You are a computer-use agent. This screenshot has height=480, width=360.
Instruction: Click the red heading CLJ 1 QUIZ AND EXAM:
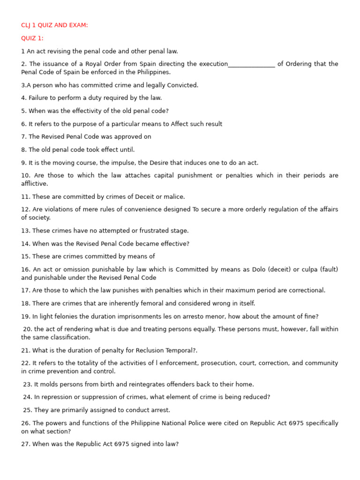pos(54,25)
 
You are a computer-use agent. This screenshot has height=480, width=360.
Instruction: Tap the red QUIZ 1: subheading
pos(32,38)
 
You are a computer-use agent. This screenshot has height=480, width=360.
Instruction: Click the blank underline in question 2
pos(251,65)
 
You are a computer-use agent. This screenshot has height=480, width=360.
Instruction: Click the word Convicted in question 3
pos(183,85)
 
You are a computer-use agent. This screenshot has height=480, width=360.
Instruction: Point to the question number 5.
pos(24,111)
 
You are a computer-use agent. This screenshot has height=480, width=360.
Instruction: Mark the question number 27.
pos(26,444)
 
